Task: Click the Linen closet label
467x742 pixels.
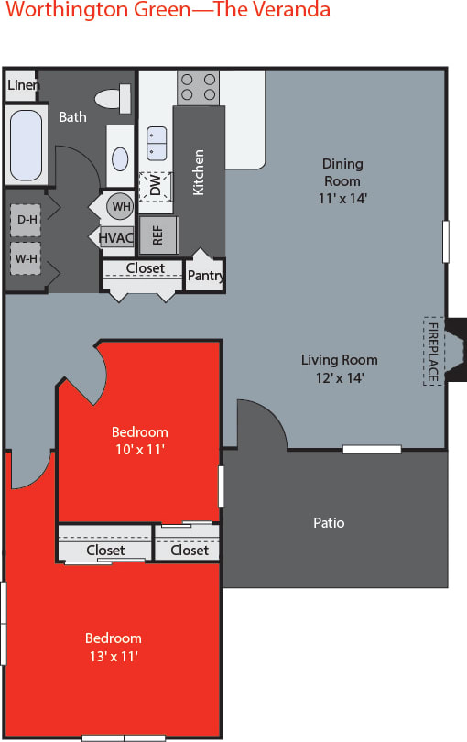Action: (21, 85)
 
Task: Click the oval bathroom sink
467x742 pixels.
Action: (121, 158)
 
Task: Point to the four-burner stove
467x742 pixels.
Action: (198, 87)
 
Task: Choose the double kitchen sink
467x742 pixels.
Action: (157, 144)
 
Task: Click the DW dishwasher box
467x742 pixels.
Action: (157, 186)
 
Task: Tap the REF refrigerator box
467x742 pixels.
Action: (158, 234)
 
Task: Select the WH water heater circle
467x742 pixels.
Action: (120, 206)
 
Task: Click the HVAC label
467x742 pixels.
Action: (116, 237)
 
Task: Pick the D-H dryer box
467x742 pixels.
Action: (25, 220)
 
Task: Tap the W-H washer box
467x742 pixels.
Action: (25, 258)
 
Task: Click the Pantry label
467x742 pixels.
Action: (205, 276)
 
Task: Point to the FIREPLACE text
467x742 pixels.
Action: (432, 351)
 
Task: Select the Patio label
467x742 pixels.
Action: (329, 523)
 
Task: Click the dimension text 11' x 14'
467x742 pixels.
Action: (342, 197)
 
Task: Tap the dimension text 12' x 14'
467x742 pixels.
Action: (339, 376)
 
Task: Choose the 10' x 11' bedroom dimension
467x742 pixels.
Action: (139, 449)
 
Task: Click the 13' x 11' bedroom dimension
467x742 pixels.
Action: (114, 655)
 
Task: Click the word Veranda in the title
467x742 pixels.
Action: (292, 11)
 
